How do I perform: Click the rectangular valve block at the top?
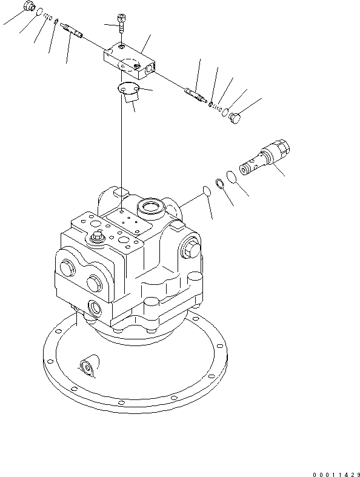(x=130, y=61)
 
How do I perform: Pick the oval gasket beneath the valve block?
(x=128, y=90)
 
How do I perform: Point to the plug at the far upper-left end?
(x=28, y=7)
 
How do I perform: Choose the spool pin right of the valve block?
(x=195, y=94)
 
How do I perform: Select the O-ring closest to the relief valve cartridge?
(x=231, y=177)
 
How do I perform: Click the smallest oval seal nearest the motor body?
(x=206, y=191)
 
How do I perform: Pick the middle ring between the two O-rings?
(x=222, y=183)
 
